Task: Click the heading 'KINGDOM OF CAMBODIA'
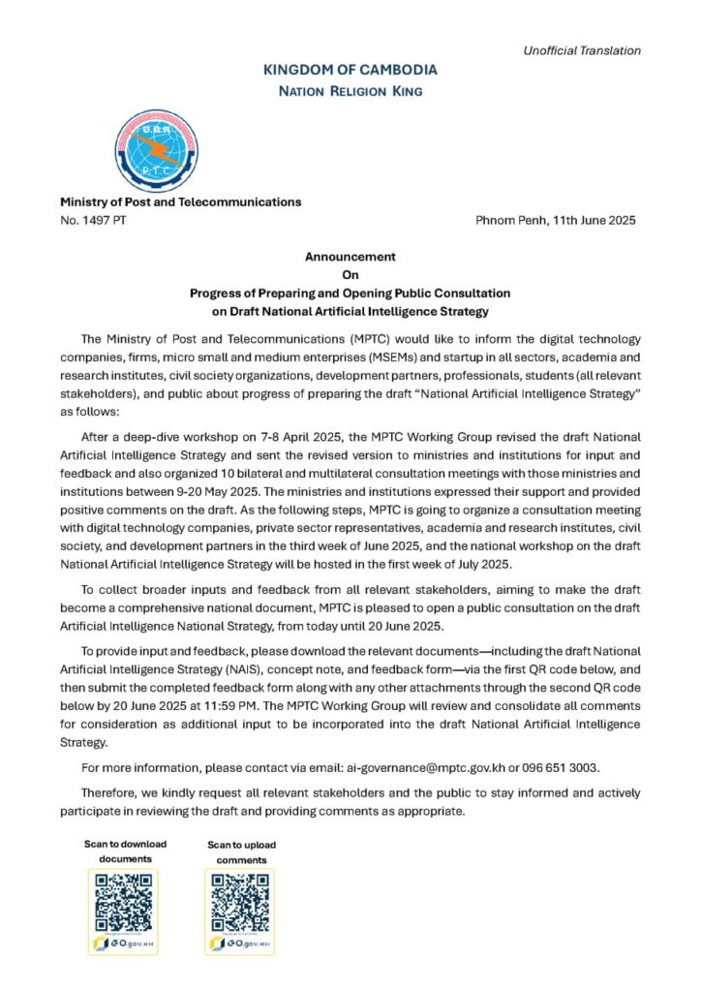[350, 70]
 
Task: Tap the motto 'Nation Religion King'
[350, 91]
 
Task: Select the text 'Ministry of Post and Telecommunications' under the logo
[181, 202]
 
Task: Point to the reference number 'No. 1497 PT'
[93, 221]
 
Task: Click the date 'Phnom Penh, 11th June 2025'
[556, 221]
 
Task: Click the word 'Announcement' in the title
[350, 257]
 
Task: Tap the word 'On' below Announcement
[350, 274]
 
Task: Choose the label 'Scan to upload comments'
[241, 852]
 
